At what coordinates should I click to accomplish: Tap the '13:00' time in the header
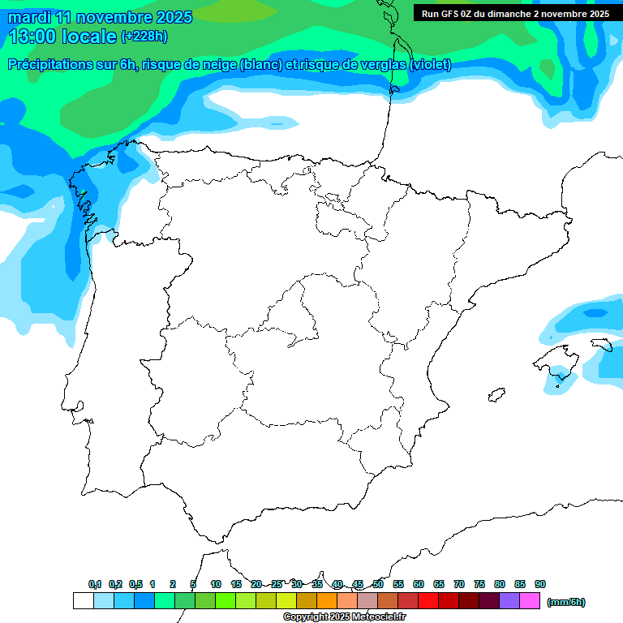click(x=32, y=37)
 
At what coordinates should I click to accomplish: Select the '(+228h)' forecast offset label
click(x=144, y=37)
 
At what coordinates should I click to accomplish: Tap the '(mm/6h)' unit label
click(x=565, y=602)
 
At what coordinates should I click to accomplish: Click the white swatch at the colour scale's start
click(x=83, y=601)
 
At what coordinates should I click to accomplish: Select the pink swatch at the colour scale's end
click(x=530, y=601)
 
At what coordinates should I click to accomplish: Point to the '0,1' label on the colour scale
click(x=95, y=584)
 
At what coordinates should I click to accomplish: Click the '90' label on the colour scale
click(x=540, y=584)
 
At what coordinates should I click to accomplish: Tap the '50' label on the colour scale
click(x=378, y=584)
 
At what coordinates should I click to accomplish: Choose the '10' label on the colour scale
click(x=216, y=584)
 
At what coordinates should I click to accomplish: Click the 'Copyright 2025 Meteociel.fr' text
click(x=344, y=617)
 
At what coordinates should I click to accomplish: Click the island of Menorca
click(x=603, y=346)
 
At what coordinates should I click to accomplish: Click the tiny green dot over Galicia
click(x=83, y=192)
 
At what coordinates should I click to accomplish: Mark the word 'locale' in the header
click(x=89, y=37)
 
